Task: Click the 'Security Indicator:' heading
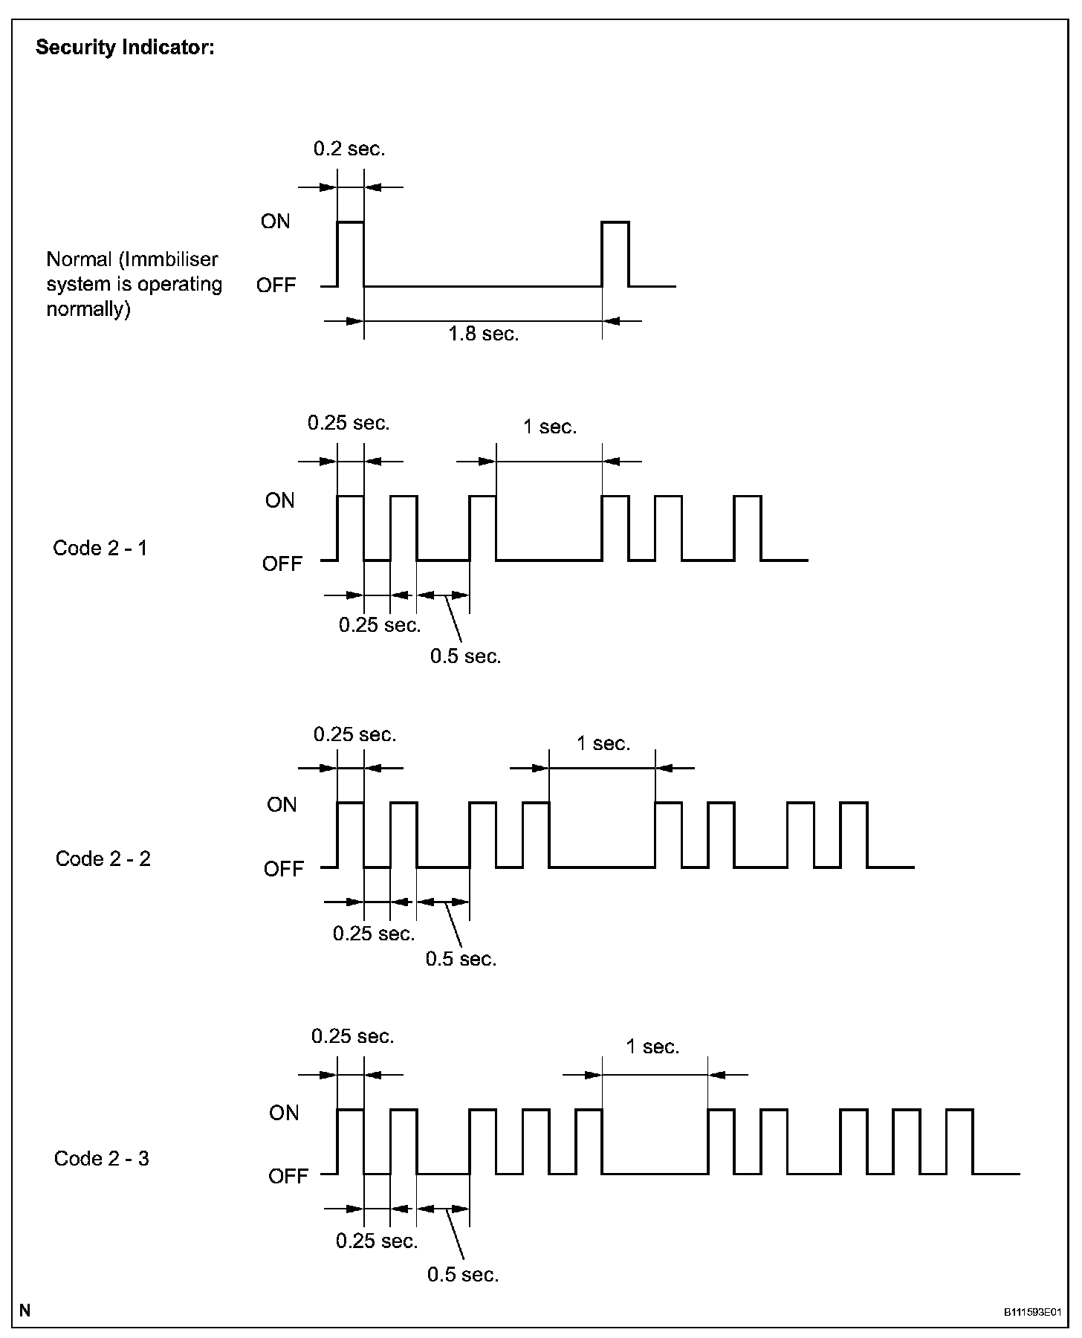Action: pos(125,48)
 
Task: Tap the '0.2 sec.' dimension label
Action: pos(349,149)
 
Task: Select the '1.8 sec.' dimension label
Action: pos(484,334)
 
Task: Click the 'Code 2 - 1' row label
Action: pos(100,548)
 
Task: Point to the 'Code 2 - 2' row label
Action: pos(103,859)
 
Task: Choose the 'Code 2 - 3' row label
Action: pos(102,1159)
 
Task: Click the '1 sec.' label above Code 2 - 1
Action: pos(550,427)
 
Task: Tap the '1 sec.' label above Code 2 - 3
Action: pos(652,1047)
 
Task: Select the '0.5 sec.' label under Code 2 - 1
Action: pos(466,656)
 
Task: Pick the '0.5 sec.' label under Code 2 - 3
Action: pos(463,1275)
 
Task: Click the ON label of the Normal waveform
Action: pos(276,222)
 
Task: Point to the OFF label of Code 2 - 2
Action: pos(284,869)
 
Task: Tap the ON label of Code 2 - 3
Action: pos(284,1113)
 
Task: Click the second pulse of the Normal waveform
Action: pos(615,253)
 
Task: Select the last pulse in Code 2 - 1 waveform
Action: pos(748,528)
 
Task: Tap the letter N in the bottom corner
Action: pos(25,1310)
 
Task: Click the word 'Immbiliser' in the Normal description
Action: pos(172,259)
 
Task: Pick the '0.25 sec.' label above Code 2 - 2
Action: pos(355,734)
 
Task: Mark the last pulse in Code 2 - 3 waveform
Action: pos(959,1142)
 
